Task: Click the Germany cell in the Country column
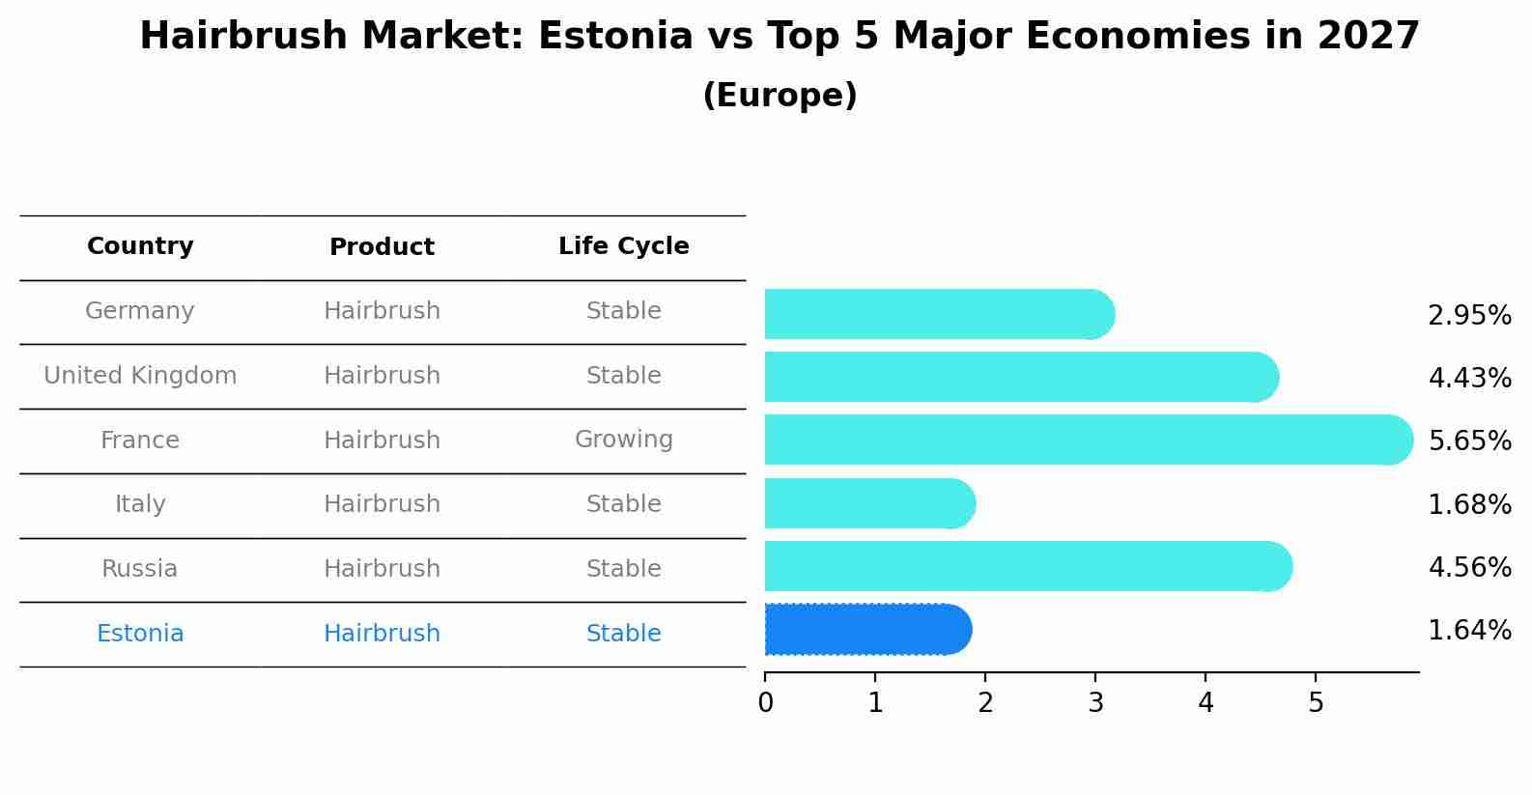140,311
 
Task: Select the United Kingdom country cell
140,376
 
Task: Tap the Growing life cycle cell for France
623,440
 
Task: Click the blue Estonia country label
140,634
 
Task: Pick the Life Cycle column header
623,246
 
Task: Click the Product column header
382,247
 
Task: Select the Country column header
140,246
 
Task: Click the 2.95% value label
1469,316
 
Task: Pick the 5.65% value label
1469,441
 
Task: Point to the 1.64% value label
1469,631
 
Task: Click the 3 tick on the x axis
1095,703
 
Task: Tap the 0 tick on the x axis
765,703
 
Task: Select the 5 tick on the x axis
1316,703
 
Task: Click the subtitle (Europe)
780,96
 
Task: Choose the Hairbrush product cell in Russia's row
382,569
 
